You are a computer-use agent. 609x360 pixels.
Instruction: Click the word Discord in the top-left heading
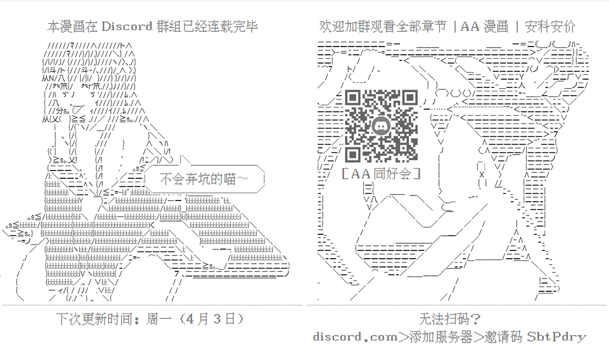[127, 27]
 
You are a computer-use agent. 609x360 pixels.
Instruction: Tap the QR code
[381, 126]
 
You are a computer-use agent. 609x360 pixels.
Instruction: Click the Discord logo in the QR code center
[381, 126]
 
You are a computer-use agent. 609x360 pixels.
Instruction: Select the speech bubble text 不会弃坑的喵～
[204, 179]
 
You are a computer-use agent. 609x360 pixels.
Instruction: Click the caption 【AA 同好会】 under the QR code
[381, 173]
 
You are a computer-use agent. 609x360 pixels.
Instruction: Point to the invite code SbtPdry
[556, 337]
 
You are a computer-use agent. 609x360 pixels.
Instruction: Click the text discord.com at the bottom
[355, 337]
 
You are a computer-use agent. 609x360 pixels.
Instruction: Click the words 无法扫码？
[450, 319]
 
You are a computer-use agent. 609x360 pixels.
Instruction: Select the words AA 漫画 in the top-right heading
[484, 27]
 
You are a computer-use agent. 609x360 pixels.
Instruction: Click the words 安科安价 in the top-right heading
[550, 27]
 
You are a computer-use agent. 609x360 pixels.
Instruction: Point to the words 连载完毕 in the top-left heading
[233, 27]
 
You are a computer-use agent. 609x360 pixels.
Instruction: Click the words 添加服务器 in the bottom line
[441, 337]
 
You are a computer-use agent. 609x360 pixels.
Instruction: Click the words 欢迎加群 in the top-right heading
[344, 27]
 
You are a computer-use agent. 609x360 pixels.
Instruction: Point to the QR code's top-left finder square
[353, 98]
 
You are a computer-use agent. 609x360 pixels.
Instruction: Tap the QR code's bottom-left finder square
[353, 154]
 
